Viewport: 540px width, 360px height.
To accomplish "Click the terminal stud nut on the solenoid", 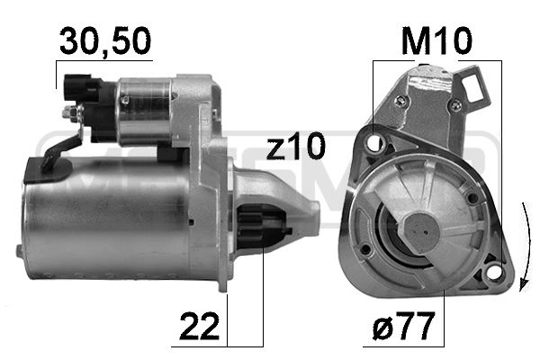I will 68,113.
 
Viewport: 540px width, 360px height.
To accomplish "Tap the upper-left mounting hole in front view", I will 376,142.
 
